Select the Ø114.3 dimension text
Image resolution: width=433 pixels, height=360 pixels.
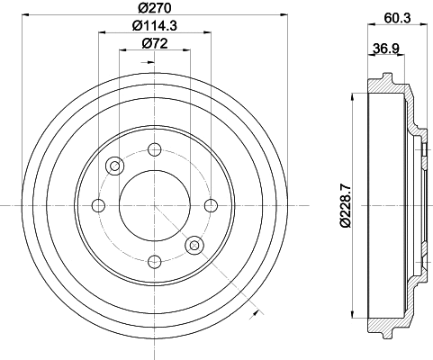coord(154,25)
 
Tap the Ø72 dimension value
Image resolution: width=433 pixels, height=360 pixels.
coord(153,42)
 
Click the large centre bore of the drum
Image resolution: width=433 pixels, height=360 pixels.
coord(154,205)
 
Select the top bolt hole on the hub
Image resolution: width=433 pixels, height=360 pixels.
coord(154,149)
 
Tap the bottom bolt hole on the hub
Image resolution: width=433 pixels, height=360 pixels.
coord(154,261)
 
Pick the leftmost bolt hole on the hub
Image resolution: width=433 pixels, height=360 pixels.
coord(98,205)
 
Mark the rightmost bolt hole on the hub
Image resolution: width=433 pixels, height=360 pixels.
coord(210,205)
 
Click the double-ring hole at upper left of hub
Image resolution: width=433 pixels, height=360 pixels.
coord(114,166)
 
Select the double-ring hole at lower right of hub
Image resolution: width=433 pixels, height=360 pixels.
coord(194,245)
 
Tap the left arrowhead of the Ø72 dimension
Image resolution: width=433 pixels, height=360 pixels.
coord(122,50)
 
